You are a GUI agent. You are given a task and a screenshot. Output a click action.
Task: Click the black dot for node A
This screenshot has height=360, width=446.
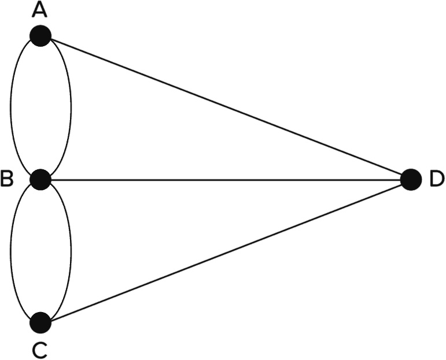(40, 36)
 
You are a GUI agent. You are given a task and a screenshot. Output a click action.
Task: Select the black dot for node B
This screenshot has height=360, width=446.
(40, 179)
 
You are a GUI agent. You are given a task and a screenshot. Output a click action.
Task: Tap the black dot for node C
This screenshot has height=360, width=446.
(40, 322)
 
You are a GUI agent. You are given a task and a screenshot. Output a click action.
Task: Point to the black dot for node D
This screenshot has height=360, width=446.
(410, 179)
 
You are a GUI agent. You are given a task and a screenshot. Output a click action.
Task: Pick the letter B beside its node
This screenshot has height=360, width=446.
(7, 180)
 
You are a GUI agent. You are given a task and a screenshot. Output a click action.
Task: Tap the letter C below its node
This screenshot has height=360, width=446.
(40, 349)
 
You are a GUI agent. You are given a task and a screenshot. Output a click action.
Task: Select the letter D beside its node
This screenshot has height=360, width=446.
(437, 180)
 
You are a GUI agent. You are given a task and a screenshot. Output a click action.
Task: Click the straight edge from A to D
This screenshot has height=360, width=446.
(226, 107)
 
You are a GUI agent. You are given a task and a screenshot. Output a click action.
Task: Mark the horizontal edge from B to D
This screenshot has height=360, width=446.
(226, 180)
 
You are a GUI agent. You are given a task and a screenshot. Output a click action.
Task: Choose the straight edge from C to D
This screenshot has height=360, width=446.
(226, 251)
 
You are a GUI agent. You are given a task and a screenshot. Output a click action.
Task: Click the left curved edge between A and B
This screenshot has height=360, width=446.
(11, 107)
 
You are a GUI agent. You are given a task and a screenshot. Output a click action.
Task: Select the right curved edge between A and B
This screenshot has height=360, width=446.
(71, 107)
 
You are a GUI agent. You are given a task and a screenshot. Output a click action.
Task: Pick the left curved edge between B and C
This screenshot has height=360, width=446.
(11, 251)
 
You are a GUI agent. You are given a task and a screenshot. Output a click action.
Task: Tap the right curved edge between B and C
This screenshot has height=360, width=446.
(71, 251)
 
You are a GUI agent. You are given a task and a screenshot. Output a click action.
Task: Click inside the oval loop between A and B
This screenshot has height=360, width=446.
(40, 107)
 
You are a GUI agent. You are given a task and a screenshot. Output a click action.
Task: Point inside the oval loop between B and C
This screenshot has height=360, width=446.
(40, 251)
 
